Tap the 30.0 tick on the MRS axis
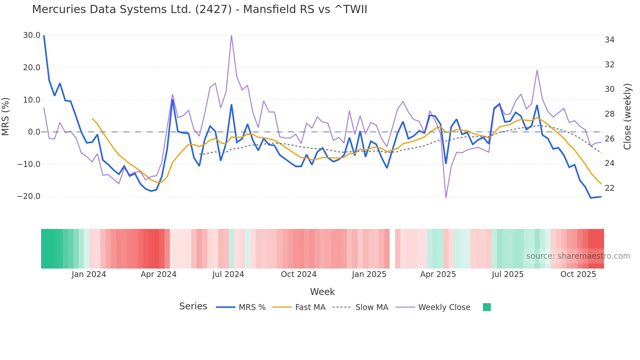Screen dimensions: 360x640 32,35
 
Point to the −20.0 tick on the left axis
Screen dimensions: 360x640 29,196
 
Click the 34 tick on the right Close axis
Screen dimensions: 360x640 609,40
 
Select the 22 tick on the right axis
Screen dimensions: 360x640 609,188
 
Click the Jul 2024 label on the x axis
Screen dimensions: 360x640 228,274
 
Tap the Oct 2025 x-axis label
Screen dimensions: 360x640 578,274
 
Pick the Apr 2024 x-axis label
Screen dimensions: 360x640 158,274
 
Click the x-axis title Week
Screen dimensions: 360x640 322,292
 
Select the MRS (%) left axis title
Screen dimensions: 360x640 6,116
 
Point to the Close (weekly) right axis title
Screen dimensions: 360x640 627,116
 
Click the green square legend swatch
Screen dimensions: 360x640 487,307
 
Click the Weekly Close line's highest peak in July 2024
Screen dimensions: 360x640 232,35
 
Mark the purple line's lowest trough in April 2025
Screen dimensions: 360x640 446,197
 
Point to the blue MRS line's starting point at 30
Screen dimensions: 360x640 44,36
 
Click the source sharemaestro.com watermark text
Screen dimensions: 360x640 578,256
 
